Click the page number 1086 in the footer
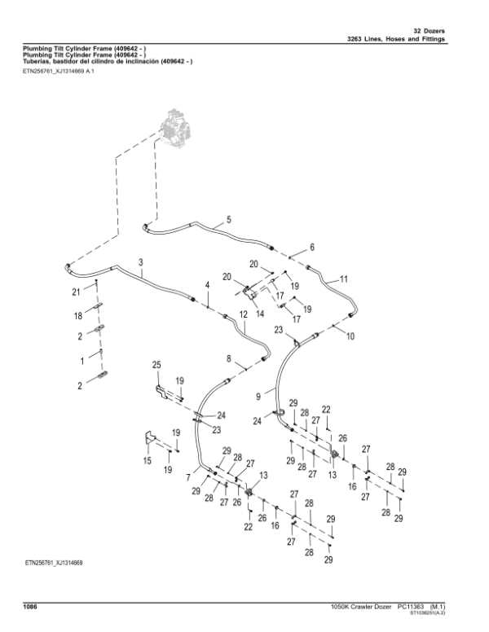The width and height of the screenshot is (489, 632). tap(32, 606)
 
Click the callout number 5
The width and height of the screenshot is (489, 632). tap(228, 220)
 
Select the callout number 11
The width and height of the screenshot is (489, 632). tap(343, 279)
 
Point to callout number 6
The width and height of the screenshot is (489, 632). tap(311, 247)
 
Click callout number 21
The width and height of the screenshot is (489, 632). tap(76, 291)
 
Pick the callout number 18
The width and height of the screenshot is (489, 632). tap(80, 315)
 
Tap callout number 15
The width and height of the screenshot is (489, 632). tap(148, 461)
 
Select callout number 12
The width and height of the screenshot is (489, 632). tap(243, 314)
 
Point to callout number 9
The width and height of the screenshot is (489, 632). tap(258, 396)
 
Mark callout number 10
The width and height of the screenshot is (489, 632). tap(351, 335)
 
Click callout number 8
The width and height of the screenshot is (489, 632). tap(229, 358)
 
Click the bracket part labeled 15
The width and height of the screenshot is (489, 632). tap(150, 439)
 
